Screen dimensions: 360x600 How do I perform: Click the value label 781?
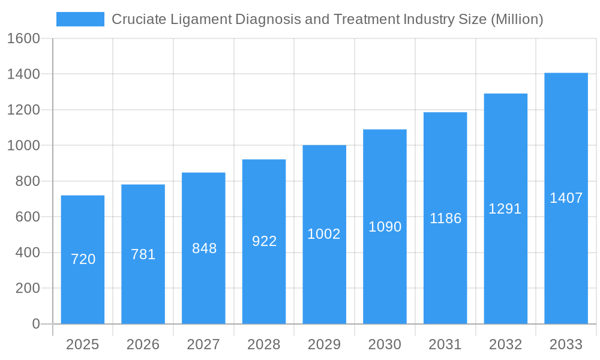[x=143, y=254]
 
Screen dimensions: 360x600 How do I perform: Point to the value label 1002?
[x=324, y=234]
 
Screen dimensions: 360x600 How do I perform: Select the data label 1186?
[x=445, y=218]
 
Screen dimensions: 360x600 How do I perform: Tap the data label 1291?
[x=505, y=209]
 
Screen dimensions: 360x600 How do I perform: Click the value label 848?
[x=204, y=248]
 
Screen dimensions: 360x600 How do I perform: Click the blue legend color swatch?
[x=80, y=19]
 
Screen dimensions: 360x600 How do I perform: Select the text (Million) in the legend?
[x=517, y=19]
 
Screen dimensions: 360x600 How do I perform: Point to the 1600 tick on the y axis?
[x=23, y=39]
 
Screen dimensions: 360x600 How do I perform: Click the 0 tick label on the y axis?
[x=35, y=324]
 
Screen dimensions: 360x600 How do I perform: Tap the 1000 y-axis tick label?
[x=23, y=146]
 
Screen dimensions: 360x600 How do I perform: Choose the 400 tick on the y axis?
[x=28, y=253]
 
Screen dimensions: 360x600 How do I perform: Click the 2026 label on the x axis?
[x=143, y=345]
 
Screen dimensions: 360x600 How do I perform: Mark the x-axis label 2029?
[x=324, y=345]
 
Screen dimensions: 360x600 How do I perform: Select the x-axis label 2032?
[x=505, y=345]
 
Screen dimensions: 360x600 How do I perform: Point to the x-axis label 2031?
[x=445, y=345]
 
